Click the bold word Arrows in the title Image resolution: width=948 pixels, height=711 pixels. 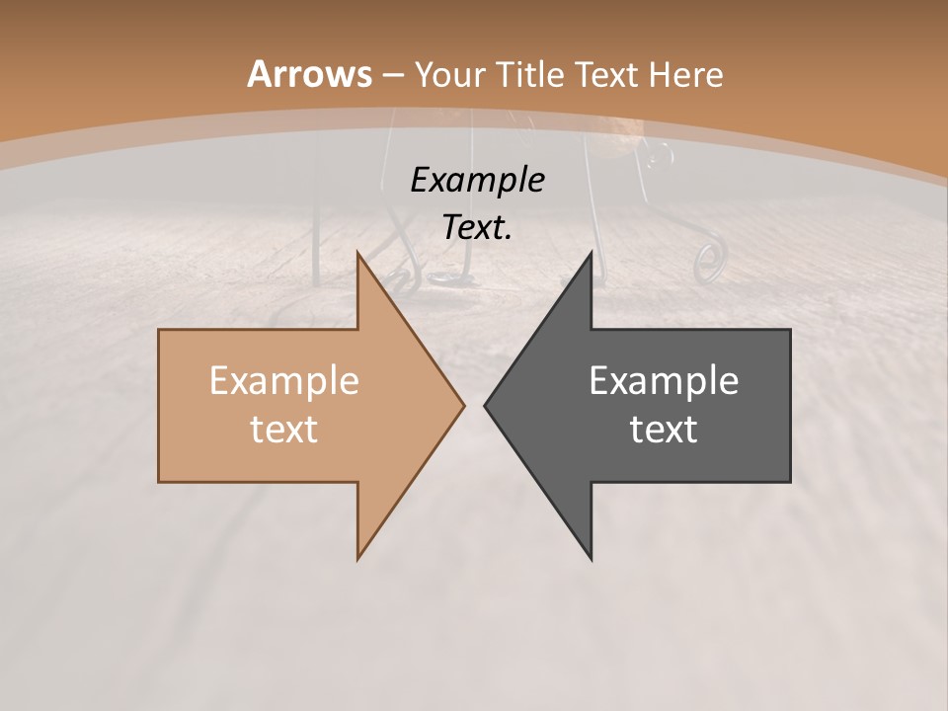click(309, 74)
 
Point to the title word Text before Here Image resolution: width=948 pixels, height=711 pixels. click(605, 75)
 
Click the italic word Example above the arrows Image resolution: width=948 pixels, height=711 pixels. click(477, 180)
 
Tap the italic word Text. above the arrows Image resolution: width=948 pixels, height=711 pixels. click(477, 227)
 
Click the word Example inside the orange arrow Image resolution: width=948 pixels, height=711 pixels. click(284, 381)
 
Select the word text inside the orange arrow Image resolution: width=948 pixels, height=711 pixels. click(284, 429)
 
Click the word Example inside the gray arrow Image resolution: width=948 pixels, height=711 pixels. click(664, 381)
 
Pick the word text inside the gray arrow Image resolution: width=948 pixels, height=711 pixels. click(664, 429)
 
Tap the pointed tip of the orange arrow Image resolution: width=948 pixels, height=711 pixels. click(463, 405)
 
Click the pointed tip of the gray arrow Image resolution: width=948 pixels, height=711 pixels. click(486, 405)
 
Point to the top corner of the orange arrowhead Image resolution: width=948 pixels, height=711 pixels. click(358, 253)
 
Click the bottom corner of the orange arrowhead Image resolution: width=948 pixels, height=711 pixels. click(358, 558)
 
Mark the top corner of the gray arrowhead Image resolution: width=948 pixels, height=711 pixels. click(591, 253)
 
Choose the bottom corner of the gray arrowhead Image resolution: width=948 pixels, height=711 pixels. click(591, 558)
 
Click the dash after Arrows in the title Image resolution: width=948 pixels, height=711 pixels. click(392, 75)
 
